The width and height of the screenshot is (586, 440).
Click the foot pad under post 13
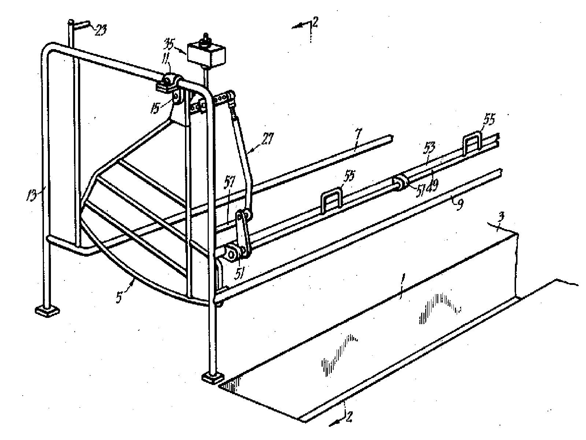tap(47, 311)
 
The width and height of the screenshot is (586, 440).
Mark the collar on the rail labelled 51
tap(401, 183)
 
